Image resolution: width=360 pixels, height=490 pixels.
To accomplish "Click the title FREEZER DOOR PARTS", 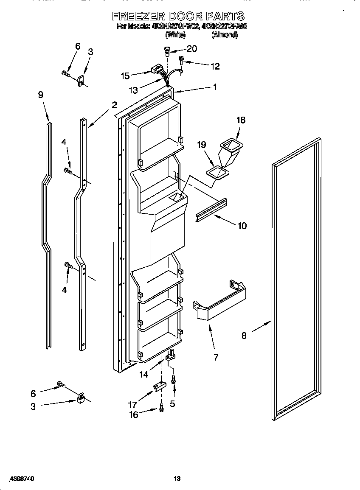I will click(178, 16).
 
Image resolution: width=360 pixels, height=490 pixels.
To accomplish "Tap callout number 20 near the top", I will click(191, 49).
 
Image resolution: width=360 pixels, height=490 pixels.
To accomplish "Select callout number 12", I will click(215, 66).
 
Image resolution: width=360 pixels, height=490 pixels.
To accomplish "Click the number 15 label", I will click(125, 76).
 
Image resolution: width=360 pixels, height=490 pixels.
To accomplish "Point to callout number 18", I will click(240, 120).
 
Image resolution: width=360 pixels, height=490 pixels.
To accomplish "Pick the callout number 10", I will click(242, 226).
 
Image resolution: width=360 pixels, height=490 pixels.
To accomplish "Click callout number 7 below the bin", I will click(216, 358).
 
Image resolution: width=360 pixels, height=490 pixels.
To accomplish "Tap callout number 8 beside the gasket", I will click(244, 336).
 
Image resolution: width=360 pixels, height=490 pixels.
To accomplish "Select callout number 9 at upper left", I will click(41, 95).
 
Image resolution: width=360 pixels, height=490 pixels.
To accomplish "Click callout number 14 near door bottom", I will click(144, 374).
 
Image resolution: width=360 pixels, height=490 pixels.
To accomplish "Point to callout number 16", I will click(134, 415).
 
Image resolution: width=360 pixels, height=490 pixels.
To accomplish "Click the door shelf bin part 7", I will click(221, 302).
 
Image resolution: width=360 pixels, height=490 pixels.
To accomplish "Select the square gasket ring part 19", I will click(218, 173).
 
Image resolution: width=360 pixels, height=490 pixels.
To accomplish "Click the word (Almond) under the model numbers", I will click(224, 35).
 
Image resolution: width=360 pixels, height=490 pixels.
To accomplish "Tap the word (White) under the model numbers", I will click(175, 35).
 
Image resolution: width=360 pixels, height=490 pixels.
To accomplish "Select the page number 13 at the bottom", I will click(177, 479).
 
